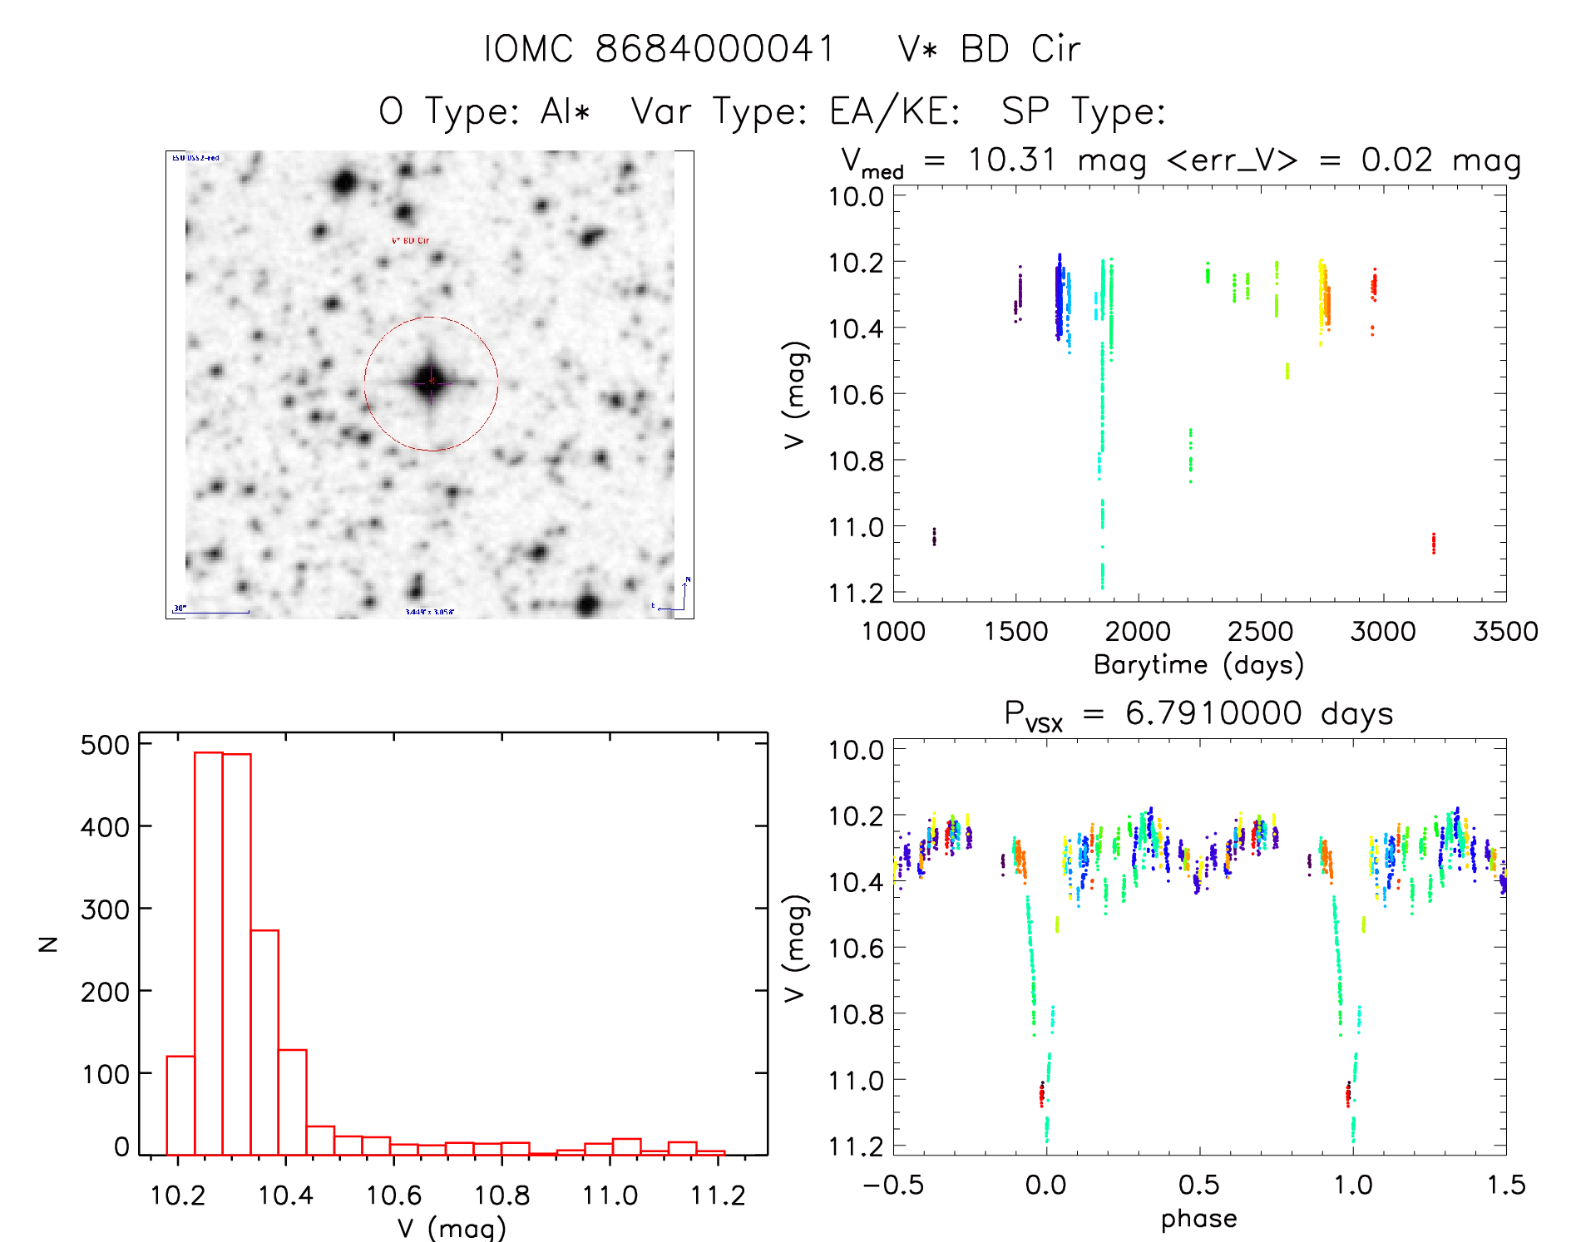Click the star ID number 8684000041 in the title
(x=714, y=49)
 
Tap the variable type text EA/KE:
(x=895, y=111)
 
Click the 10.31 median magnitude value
(x=1011, y=160)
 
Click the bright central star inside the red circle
(x=431, y=382)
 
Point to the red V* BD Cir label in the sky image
(x=410, y=240)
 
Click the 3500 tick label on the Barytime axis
(x=1504, y=631)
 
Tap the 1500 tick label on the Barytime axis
(x=1015, y=631)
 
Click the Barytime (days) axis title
(x=1198, y=665)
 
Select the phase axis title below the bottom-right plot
(x=1198, y=1219)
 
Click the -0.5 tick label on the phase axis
(x=893, y=1185)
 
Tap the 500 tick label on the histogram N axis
(x=105, y=745)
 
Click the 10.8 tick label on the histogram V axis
(x=502, y=1195)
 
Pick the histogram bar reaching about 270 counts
(x=264, y=1042)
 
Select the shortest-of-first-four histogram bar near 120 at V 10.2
(x=180, y=1106)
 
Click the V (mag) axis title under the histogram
(x=452, y=1227)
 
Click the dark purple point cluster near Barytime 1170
(x=934, y=536)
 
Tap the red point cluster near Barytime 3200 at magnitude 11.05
(x=1434, y=543)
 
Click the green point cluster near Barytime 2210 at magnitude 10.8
(x=1190, y=456)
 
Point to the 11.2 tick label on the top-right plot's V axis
(x=856, y=593)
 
